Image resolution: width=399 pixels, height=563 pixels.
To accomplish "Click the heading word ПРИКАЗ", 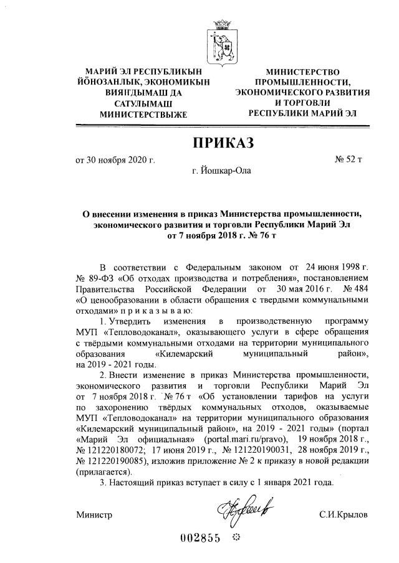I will tap(223, 144).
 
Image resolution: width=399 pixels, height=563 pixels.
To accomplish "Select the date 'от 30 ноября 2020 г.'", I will tap(115, 161).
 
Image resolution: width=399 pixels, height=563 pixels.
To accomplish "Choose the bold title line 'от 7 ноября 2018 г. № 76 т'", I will tap(223, 236).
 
